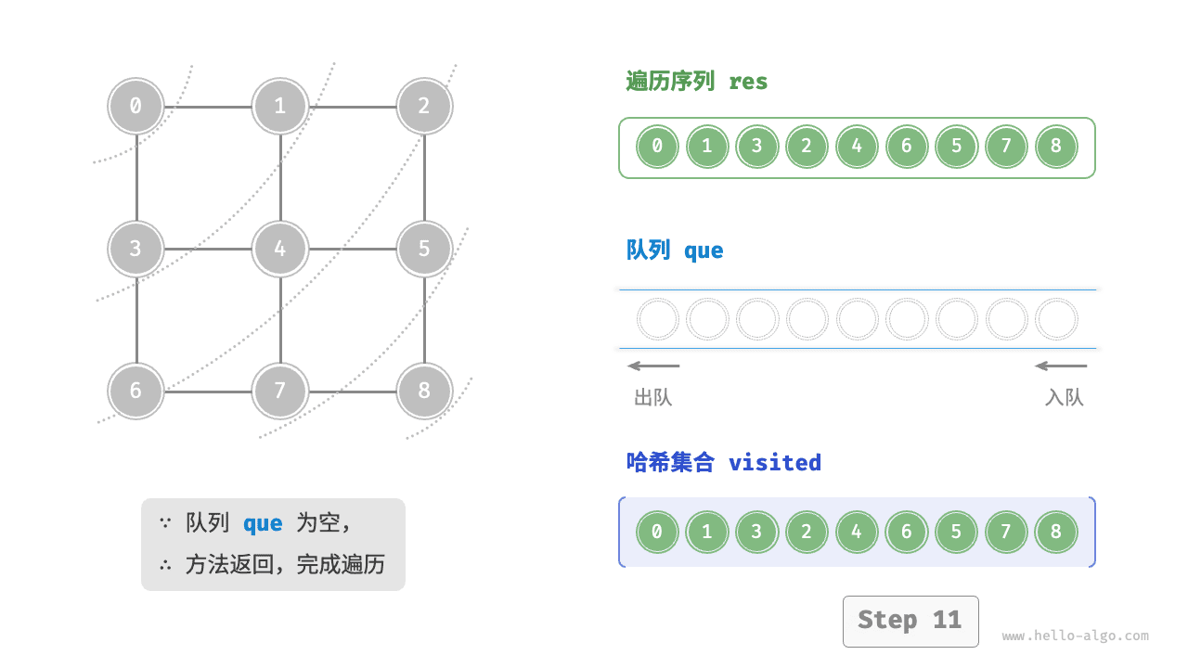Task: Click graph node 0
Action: coord(136,106)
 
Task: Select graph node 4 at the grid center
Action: coord(280,249)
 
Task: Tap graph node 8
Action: coord(424,391)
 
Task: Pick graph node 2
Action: coord(424,106)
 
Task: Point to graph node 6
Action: coord(136,391)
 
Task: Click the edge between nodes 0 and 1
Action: coord(208,106)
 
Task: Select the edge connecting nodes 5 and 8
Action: coord(424,320)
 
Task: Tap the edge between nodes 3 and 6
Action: coord(136,320)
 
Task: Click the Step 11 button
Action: coord(910,621)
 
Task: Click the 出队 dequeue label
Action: coord(652,398)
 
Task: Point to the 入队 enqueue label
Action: coord(1064,398)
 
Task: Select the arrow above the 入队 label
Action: coord(1061,366)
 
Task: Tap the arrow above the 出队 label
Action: coord(653,366)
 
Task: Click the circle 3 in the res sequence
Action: coord(756,147)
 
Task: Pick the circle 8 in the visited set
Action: coord(1055,533)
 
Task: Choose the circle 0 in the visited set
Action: coord(657,533)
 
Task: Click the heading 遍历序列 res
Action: coord(697,82)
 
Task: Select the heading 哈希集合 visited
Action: coord(724,462)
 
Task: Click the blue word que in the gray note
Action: coord(263,523)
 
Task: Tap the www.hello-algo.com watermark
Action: coord(1075,636)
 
